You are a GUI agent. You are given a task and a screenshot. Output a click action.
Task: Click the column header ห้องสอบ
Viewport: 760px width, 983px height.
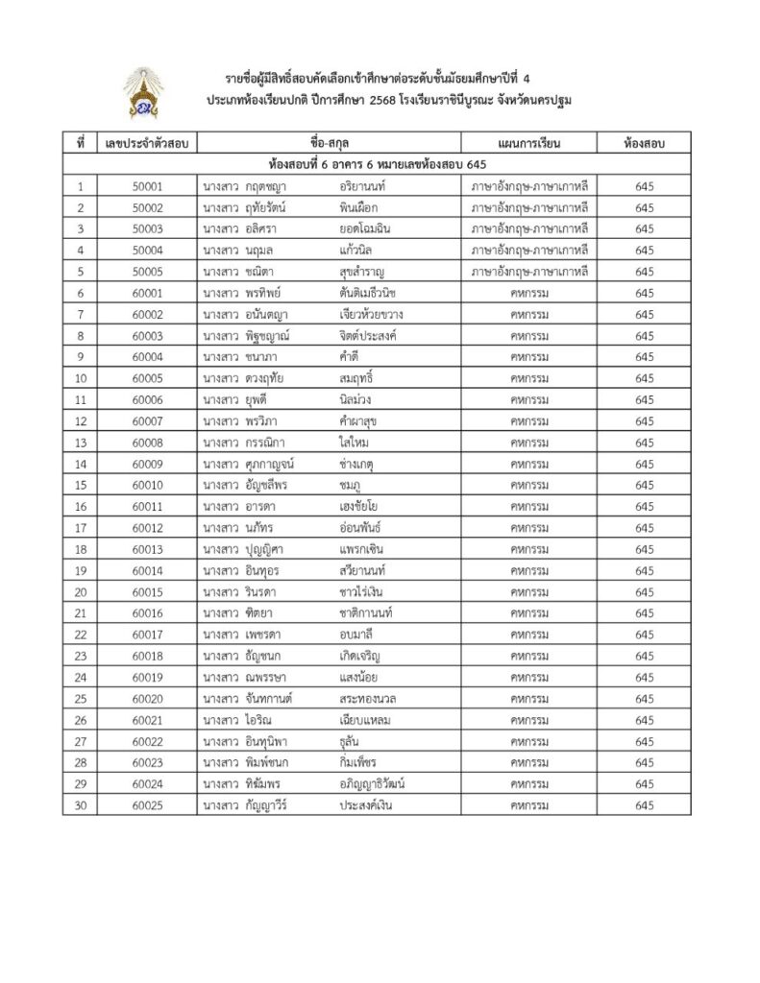coord(644,144)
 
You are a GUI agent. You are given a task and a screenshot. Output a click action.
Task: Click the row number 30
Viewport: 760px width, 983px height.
coord(82,805)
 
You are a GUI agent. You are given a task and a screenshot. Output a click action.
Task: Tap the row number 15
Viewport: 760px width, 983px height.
coord(82,485)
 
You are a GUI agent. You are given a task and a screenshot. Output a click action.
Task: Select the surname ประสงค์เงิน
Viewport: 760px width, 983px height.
coord(365,805)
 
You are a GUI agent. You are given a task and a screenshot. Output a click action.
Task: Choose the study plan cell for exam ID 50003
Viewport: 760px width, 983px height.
coord(529,228)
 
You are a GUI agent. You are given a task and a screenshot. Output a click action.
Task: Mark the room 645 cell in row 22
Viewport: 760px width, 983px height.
coord(644,635)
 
